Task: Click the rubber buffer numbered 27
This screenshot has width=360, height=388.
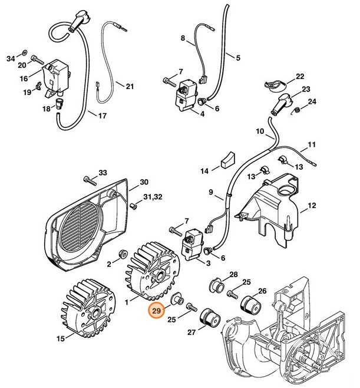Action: coord(210,321)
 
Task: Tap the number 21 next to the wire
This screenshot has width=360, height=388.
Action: coord(130,87)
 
